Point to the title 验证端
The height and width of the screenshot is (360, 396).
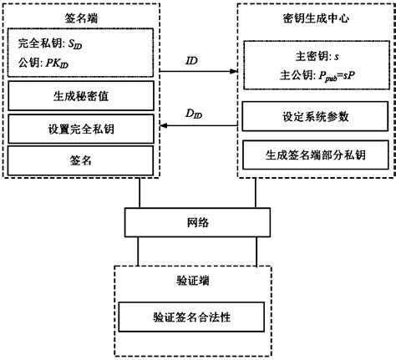(x=197, y=277)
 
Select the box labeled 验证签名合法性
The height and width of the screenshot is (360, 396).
(x=197, y=318)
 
